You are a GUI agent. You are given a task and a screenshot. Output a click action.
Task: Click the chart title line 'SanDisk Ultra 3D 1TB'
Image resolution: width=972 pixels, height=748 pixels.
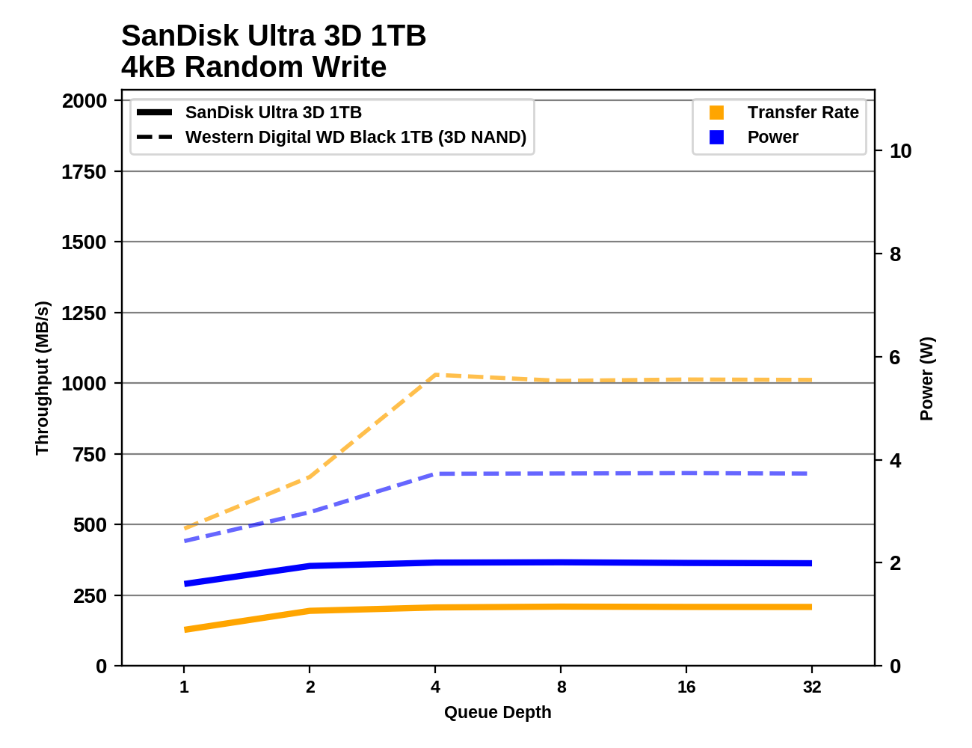point(274,36)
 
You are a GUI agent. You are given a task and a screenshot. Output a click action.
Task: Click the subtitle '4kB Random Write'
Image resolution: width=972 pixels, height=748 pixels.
point(253,67)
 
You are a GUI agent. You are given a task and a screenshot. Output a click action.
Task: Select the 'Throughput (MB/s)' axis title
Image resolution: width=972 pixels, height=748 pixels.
point(42,378)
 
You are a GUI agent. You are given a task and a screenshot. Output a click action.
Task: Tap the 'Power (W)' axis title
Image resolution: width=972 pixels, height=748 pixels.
point(926,378)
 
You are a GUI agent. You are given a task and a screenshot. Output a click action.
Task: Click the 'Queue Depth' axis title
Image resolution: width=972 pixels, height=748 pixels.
point(497,712)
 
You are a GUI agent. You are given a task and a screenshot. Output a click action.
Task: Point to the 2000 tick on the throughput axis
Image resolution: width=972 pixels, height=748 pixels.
point(84,101)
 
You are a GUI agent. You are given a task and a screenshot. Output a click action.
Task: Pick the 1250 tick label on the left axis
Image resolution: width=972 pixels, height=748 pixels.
point(84,313)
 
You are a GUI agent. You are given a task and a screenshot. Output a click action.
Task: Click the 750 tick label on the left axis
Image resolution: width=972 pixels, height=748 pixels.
point(90,455)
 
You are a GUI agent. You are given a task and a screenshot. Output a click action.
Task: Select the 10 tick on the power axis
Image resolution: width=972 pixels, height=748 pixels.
point(900,151)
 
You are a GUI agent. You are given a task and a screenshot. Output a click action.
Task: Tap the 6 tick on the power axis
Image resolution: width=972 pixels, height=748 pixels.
point(895,358)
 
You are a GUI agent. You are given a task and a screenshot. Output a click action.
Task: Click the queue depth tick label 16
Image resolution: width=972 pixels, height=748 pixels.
point(686,687)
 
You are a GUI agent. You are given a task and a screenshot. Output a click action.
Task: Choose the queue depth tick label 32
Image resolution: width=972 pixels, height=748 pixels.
point(812,687)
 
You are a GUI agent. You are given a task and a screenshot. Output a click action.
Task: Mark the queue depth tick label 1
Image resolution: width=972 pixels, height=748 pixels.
point(184,687)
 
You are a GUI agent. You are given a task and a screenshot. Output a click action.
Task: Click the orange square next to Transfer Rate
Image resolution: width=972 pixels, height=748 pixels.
point(716,113)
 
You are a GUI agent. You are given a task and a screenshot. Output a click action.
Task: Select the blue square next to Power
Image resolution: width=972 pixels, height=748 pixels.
point(716,138)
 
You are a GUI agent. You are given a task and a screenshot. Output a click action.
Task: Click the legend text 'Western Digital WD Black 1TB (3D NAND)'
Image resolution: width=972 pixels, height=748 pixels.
point(356,138)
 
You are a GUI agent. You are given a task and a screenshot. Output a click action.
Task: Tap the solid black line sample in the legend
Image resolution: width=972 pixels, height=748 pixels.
point(155,113)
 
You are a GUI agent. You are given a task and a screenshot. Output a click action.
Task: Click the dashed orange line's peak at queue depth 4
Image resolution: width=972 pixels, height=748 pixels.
point(435,375)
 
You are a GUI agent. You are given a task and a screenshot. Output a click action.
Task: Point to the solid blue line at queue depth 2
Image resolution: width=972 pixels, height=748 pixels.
point(310,566)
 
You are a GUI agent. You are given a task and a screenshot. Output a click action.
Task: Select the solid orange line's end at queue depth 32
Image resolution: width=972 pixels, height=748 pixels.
point(811,607)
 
